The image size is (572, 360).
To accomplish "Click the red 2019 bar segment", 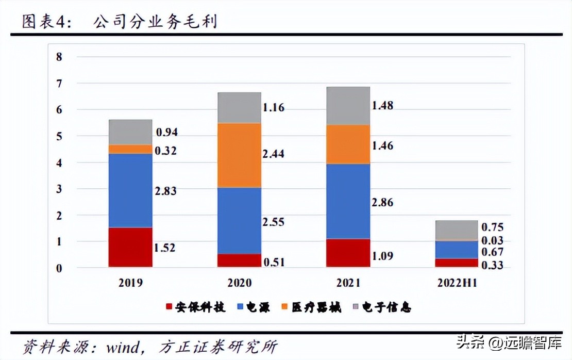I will (130, 247).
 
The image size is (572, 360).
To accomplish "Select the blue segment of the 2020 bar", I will (239, 220).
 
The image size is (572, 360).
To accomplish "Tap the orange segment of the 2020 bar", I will (239, 155).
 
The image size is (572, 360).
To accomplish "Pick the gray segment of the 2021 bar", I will (348, 106).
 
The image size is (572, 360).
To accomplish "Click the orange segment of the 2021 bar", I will (348, 144).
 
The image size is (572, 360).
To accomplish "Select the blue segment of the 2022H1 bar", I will (457, 250).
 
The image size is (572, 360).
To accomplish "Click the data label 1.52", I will (164, 248).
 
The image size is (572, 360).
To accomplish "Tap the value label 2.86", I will (382, 202).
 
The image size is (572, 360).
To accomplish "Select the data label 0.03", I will (492, 240).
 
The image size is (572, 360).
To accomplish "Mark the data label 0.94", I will (166, 133).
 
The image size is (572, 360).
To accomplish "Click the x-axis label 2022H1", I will (457, 283).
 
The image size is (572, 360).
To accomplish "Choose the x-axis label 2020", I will (239, 283).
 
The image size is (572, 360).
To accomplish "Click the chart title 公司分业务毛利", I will (155, 22).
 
